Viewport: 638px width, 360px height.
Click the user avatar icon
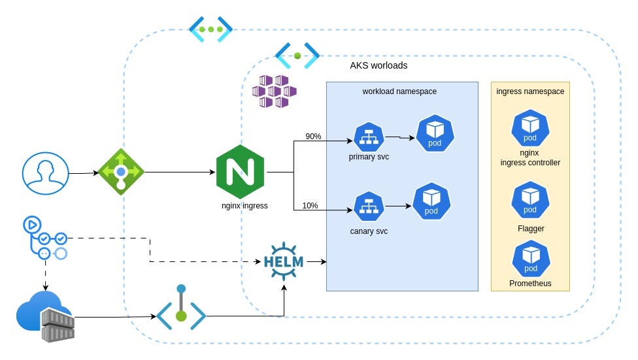point(45,173)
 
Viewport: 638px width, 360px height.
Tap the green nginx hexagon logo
point(241,172)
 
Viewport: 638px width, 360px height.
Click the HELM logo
point(284,261)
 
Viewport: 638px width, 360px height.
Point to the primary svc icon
point(369,136)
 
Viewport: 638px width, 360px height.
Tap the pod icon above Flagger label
point(530,201)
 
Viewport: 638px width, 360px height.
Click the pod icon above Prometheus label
point(530,259)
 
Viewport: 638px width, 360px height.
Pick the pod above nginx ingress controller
point(530,129)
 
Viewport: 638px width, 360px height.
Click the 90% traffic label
point(313,137)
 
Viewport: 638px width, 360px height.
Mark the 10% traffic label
point(310,206)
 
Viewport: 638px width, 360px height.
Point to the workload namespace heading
point(399,91)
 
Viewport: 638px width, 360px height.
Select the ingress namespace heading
point(530,91)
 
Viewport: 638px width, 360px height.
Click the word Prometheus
point(530,284)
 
